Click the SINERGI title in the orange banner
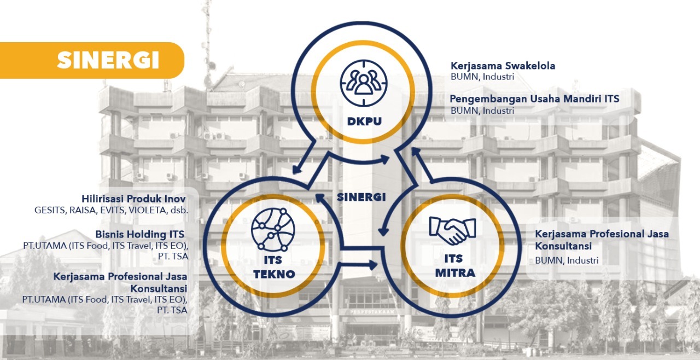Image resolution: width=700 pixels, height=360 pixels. tap(108, 60)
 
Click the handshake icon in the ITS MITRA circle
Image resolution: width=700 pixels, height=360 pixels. tap(452, 230)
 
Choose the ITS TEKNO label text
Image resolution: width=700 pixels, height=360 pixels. tap(274, 266)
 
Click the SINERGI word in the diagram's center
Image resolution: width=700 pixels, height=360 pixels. tap(361, 196)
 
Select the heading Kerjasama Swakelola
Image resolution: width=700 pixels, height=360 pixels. tap(503, 66)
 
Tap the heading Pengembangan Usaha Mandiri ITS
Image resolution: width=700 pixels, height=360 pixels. tap(535, 99)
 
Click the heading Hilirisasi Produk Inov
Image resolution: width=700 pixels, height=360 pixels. tap(133, 199)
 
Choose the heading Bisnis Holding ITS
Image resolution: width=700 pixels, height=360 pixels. tap(139, 234)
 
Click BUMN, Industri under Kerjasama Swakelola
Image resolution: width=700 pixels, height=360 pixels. tap(482, 77)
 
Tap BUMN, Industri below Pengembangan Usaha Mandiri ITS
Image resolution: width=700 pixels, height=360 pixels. tap(482, 110)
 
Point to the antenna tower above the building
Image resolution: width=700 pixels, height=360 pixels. tap(207, 41)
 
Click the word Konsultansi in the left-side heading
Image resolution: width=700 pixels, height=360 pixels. tap(159, 288)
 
